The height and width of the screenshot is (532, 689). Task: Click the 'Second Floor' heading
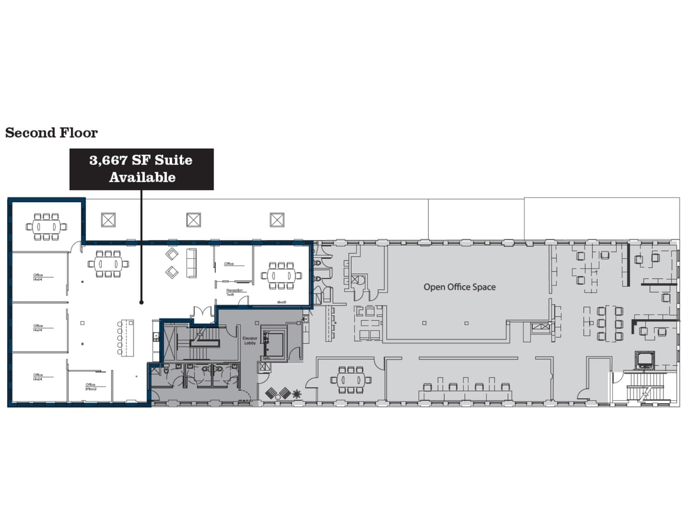(x=51, y=133)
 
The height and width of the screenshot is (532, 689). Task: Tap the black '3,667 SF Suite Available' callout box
(x=141, y=168)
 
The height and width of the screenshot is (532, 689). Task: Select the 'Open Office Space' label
(x=459, y=287)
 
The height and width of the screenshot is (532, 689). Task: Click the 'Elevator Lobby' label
(x=250, y=340)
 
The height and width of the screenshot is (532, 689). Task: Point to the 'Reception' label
(x=234, y=291)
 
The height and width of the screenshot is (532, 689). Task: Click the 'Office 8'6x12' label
(x=90, y=387)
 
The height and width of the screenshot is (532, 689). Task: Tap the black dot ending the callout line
(x=141, y=303)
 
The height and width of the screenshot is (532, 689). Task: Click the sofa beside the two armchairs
(x=192, y=262)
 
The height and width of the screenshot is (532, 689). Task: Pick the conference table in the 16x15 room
(x=282, y=275)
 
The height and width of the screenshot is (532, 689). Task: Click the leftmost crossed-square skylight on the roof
(x=108, y=220)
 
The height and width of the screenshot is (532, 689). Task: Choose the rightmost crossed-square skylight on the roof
(x=277, y=220)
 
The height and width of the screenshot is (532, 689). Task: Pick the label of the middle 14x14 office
(x=38, y=327)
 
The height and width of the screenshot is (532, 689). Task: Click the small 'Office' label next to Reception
(x=229, y=264)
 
